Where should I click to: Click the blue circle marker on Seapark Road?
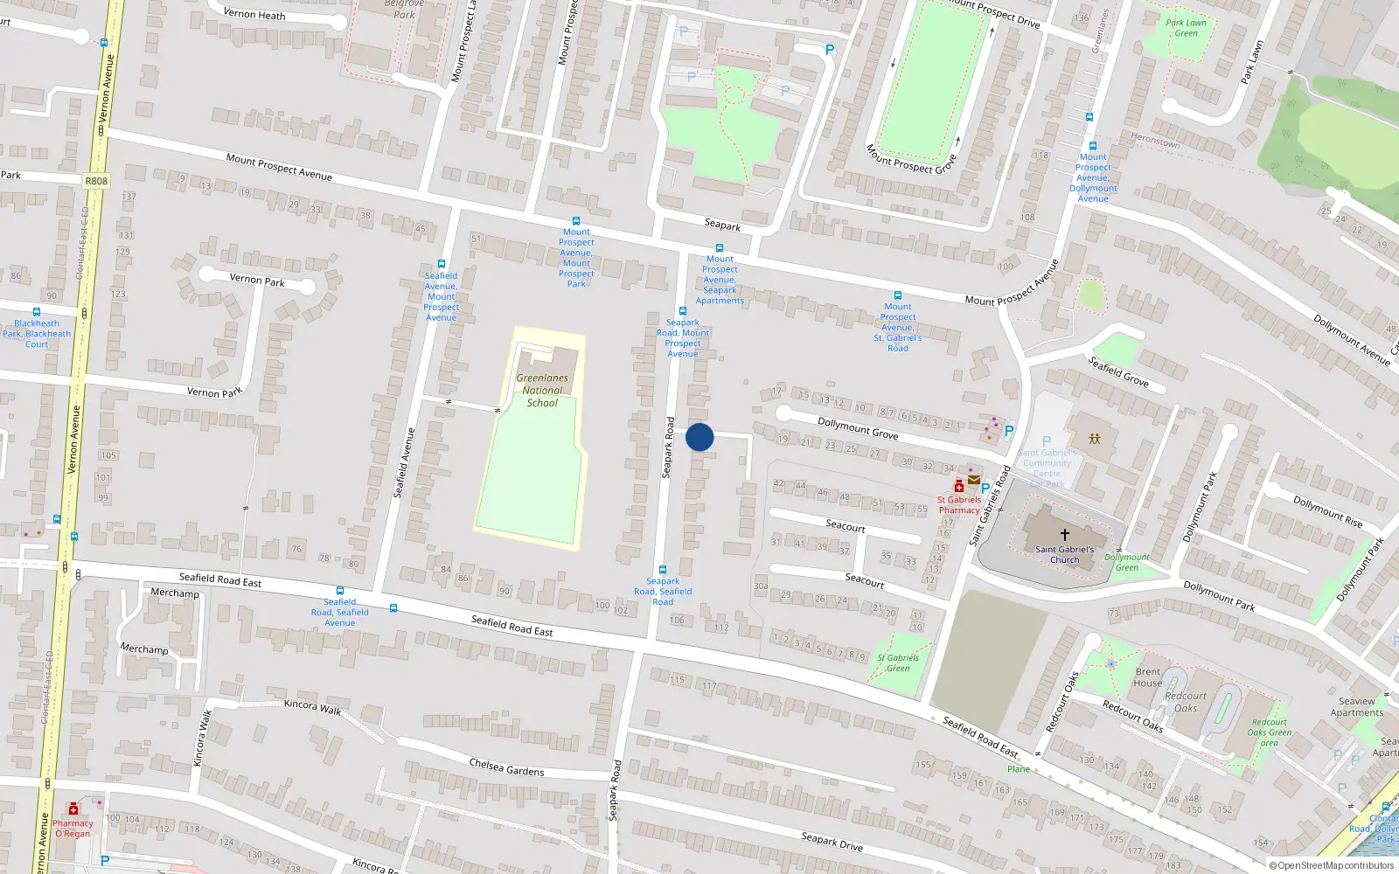point(699,437)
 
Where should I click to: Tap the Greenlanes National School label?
point(542,391)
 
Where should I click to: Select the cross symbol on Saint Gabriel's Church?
point(1065,534)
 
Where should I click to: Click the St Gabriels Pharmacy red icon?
point(959,487)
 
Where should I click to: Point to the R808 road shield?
point(96,182)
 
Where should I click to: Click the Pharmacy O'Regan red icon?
point(73,810)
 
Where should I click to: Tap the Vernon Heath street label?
point(254,14)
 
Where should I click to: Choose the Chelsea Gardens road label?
point(506,767)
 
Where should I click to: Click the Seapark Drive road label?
point(832,842)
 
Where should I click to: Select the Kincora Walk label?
point(312,706)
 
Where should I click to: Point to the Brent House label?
point(1148,677)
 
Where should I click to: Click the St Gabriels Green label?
point(898,662)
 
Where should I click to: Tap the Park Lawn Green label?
point(1186,28)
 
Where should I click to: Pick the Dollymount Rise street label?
point(1327,511)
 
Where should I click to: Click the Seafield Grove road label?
point(1118,372)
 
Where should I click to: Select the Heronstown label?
point(1155,140)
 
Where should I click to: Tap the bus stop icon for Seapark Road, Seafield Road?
point(663,570)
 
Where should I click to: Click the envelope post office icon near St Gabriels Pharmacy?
point(973,480)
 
